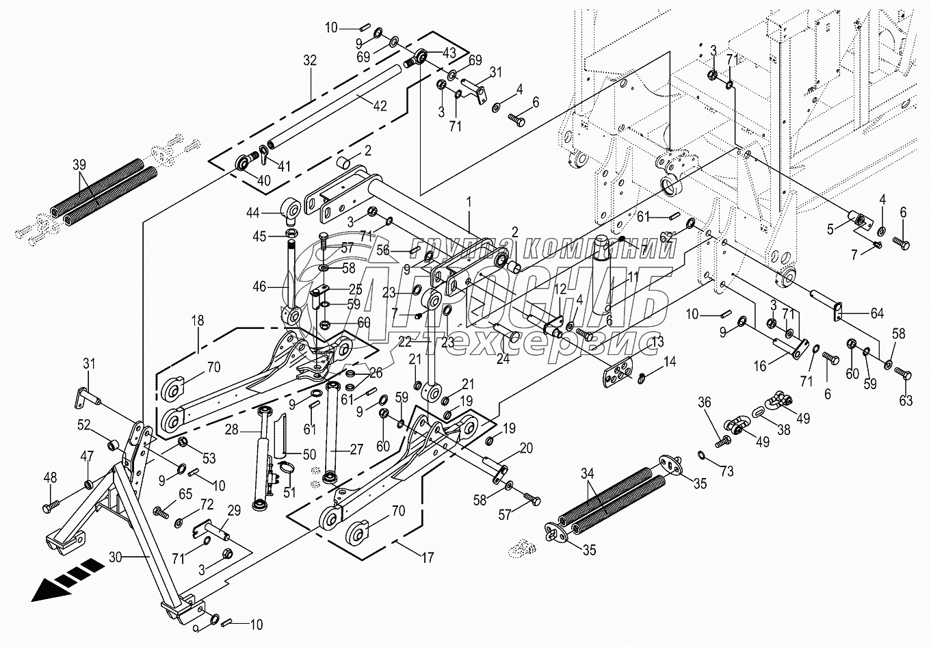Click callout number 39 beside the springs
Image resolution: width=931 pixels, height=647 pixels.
[x=79, y=165]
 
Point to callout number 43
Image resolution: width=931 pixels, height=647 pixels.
[x=449, y=53]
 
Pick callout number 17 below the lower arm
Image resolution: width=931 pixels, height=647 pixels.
[x=428, y=558]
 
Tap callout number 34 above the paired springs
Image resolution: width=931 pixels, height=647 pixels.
[x=587, y=474]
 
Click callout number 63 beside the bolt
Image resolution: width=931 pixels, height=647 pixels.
[x=906, y=401]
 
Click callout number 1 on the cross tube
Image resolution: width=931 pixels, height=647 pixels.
[x=469, y=202]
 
